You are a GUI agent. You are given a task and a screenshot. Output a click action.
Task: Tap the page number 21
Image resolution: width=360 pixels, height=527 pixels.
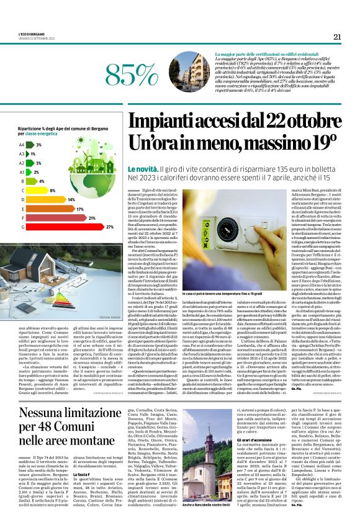tap(337, 37)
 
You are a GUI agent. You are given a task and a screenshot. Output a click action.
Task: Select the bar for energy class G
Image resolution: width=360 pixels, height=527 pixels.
tap(66, 227)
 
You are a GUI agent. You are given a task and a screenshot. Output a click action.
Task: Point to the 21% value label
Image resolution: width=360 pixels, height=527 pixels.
tap(92, 218)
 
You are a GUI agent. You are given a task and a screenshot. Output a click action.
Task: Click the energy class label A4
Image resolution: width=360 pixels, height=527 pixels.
tap(22, 145)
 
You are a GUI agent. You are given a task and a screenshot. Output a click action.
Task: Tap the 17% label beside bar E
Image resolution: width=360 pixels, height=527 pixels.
tap(80, 209)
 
